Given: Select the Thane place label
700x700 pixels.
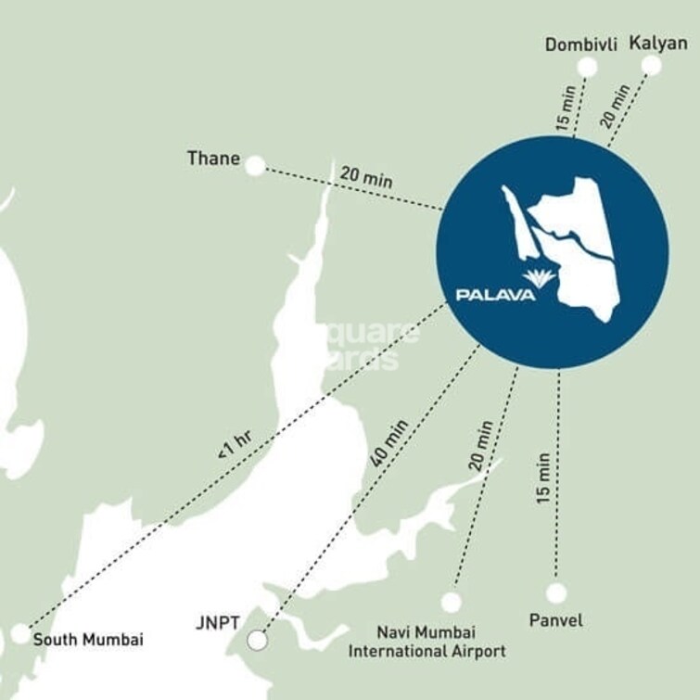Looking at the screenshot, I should coord(213,158).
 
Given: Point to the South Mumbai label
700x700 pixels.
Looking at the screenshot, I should coord(88,639).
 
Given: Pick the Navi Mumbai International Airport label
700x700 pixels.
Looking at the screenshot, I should coord(426,642).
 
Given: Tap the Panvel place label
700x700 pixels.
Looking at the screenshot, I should coord(555,619).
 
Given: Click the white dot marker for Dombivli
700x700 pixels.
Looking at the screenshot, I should coord(587,66).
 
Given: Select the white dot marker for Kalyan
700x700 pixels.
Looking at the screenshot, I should coord(652,65).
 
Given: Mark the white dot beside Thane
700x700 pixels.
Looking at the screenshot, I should coord(255,166).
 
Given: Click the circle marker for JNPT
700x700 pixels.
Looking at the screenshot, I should coord(258,640).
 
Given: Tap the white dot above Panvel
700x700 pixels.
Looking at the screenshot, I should coord(556,592).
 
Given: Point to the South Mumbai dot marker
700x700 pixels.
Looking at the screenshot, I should coord(20,634).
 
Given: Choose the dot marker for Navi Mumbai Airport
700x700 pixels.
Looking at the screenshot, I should coord(451,602).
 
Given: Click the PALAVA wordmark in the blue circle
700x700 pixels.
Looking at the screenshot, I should coord(495,296).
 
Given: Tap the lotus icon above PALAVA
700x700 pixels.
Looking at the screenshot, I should coord(539,277).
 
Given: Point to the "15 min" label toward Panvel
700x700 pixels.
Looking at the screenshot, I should coord(544,478).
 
